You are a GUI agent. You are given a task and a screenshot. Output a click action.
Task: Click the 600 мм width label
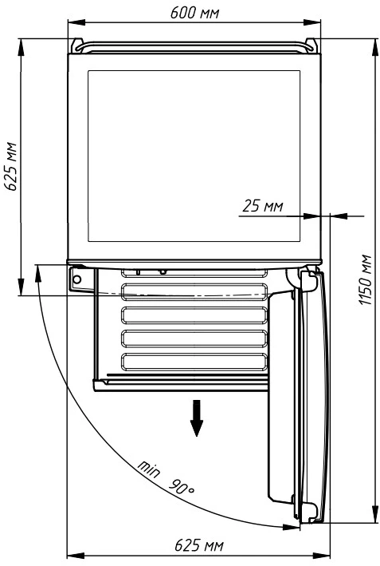tap(194, 13)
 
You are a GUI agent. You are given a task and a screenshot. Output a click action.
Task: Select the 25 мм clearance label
tap(263, 206)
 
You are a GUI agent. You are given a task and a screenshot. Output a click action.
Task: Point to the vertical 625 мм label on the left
tap(10, 166)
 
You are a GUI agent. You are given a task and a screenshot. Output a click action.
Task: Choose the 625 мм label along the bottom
tap(199, 545)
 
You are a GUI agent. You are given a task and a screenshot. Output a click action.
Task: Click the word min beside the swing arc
tap(148, 469)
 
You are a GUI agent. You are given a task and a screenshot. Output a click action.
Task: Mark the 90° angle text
tap(182, 487)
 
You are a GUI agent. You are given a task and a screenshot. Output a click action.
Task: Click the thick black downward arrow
tap(197, 418)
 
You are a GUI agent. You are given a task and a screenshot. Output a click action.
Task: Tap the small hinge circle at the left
tap(76, 279)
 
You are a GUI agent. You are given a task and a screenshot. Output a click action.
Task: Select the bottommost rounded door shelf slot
tap(194, 362)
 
